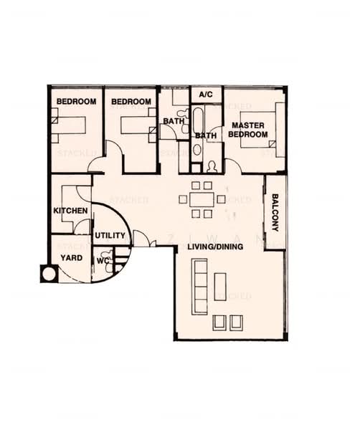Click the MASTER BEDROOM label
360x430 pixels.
tap(247, 130)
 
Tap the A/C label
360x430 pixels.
tap(206, 95)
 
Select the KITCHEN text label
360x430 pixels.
tap(71, 211)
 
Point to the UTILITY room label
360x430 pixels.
tap(110, 235)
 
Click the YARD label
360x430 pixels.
tap(70, 257)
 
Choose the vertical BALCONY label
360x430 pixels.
tap(275, 212)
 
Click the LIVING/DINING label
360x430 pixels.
tap(215, 247)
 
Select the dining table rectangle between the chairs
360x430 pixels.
tap(200, 199)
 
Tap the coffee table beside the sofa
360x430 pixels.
tap(220, 286)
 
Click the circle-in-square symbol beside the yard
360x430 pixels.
tap(49, 273)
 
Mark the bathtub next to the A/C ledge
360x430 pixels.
tap(198, 122)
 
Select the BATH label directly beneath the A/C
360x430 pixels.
tap(206, 135)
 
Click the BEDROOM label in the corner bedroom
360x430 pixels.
tap(76, 102)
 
